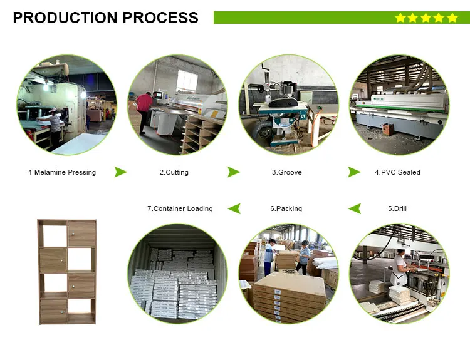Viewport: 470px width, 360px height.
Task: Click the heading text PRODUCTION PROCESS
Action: point(105,18)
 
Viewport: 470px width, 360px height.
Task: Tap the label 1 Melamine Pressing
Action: point(62,172)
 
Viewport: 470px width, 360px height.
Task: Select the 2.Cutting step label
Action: point(174,172)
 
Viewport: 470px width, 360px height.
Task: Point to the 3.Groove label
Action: point(286,172)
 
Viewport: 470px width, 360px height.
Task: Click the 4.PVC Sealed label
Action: point(397,172)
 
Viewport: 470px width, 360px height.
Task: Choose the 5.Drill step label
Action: point(397,208)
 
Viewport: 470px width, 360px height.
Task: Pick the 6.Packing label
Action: point(286,208)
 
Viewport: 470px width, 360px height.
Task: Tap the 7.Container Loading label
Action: point(180,208)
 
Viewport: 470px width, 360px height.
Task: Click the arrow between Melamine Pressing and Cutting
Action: point(120,172)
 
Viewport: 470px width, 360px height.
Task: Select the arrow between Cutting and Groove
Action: point(233,172)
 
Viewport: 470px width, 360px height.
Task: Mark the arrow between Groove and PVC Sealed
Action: point(354,172)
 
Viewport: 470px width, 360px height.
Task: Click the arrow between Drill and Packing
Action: point(354,208)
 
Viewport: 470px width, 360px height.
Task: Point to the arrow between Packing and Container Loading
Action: point(234,208)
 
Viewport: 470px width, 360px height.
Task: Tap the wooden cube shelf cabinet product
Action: point(66,271)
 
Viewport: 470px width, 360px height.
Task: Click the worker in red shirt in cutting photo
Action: point(145,110)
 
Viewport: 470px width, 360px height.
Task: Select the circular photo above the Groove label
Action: point(288,105)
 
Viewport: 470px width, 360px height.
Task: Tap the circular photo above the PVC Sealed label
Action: point(399,105)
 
